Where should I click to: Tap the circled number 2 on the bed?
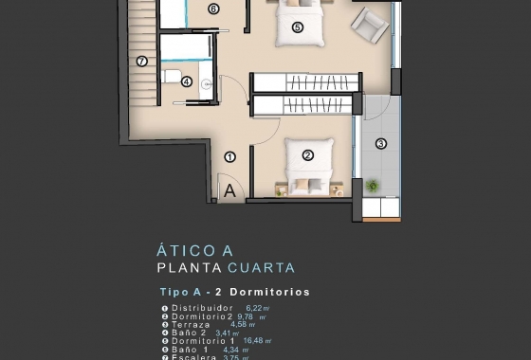tap(308, 154)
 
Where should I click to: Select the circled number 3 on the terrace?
tap(380, 144)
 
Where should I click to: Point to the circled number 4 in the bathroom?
tap(187, 81)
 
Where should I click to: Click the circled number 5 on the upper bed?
tap(297, 27)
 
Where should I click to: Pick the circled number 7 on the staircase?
tap(141, 62)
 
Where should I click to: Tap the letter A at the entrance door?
tap(229, 189)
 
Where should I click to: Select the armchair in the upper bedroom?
tap(370, 24)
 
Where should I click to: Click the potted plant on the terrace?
tap(371, 187)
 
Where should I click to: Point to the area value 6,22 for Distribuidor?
tap(255, 308)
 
